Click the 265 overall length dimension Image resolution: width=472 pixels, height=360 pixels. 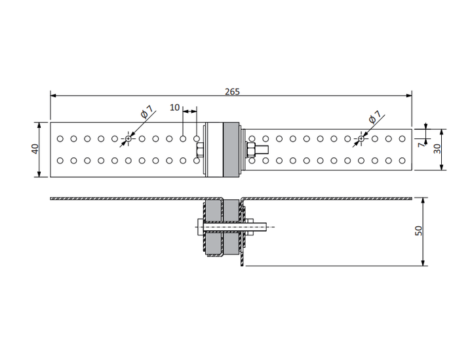tap(232, 92)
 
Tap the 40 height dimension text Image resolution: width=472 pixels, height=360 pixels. tap(35, 149)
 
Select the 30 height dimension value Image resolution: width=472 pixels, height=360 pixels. tap(437, 149)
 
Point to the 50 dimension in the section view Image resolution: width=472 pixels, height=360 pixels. tap(419, 231)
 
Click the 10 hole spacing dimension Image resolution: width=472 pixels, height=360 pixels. tap(174, 108)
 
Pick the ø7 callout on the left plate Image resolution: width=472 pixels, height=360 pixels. tap(147, 111)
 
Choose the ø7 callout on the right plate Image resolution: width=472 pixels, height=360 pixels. tap(375, 117)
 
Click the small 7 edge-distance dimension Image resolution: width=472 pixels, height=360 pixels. tap(422, 144)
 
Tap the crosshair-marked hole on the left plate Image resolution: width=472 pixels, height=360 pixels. tap(128, 139)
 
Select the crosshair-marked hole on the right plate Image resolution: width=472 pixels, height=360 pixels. tap(361, 139)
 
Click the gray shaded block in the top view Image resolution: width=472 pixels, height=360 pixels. tap(231, 150)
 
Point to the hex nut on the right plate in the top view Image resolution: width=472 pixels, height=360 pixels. tap(251, 150)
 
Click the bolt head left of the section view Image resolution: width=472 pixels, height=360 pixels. tap(201, 227)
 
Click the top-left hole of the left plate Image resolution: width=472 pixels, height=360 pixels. tap(60, 139)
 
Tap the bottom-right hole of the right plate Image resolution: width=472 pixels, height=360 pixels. tap(402, 161)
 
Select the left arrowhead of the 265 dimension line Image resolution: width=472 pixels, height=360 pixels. tap(53, 96)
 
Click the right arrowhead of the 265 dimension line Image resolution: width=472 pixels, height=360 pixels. tap(409, 96)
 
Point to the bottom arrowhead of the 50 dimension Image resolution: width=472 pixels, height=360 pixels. tap(423, 263)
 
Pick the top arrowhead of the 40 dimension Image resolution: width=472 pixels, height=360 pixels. tap(39, 125)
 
